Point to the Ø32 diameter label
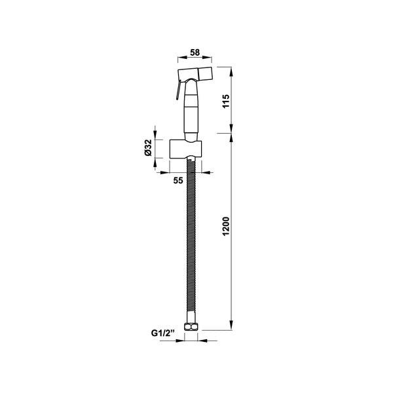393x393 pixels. point(148,149)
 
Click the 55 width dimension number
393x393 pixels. point(178,181)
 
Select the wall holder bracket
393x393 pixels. point(186,149)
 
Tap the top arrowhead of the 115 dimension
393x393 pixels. point(231,69)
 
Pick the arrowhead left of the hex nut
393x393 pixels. point(185,341)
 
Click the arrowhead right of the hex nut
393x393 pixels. point(200,341)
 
